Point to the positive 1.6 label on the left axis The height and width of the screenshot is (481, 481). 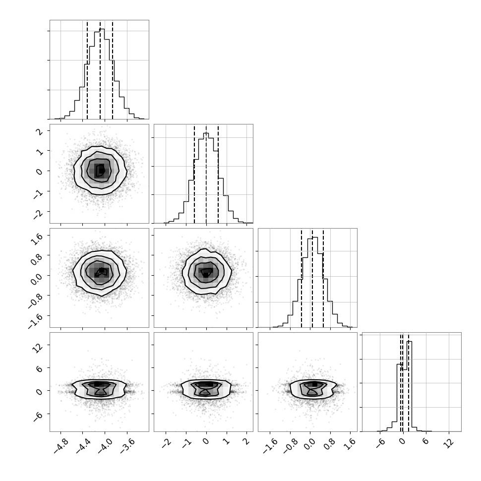click(x=36, y=238)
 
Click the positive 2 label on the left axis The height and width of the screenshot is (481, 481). click(x=39, y=131)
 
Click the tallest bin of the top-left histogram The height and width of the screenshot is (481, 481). click(x=102, y=74)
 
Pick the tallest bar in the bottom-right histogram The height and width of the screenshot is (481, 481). click(x=409, y=386)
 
